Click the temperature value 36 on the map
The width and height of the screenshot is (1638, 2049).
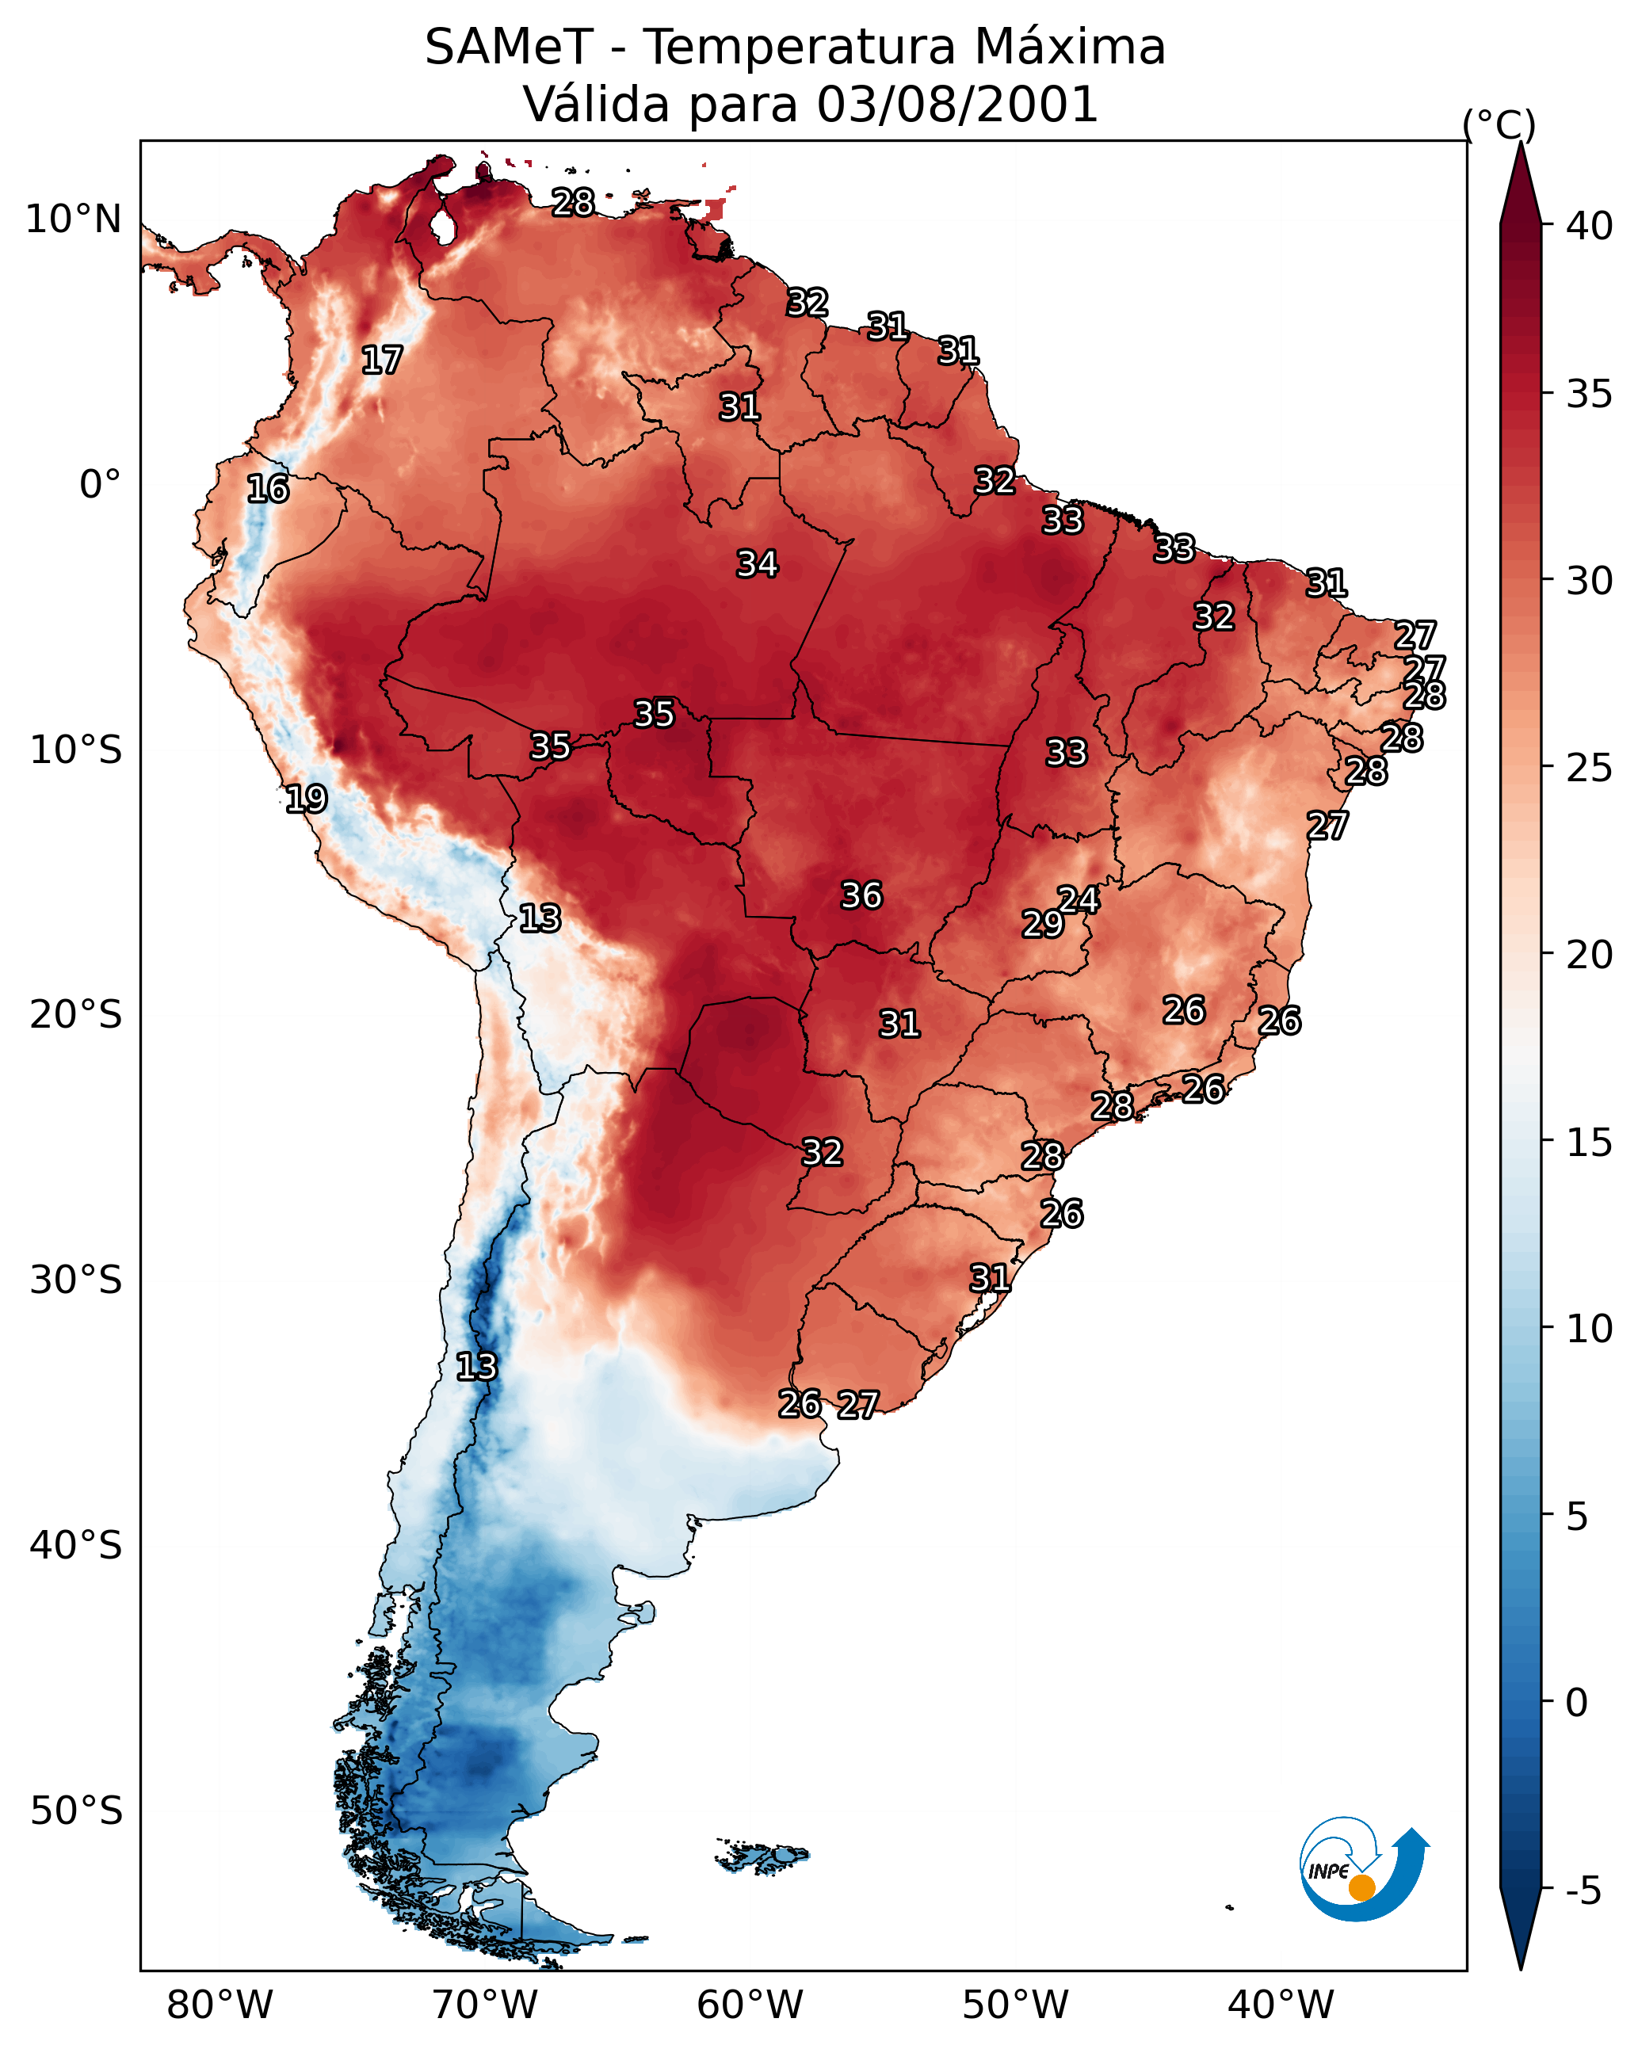point(861,895)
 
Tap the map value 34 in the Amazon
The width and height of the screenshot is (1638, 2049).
point(757,563)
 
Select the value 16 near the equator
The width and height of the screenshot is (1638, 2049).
point(267,489)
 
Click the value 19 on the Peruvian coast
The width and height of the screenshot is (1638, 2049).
point(306,799)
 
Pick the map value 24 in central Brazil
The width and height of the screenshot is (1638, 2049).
point(1078,899)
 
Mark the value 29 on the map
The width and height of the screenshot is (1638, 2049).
point(1042,924)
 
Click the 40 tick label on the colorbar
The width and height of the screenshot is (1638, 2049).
point(1589,226)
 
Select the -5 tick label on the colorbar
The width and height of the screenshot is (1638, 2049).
point(1583,1891)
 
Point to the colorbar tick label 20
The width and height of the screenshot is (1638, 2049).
point(1589,955)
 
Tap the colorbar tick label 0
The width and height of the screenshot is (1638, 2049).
point(1575,1703)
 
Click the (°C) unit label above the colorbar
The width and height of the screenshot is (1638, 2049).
point(1499,124)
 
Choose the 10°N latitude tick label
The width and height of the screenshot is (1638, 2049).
point(73,219)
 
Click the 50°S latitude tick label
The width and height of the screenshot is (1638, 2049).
point(76,1811)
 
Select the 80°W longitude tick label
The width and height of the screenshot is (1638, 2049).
point(220,2005)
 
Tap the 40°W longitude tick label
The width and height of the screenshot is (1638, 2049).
point(1281,2005)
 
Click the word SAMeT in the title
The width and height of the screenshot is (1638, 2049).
point(509,48)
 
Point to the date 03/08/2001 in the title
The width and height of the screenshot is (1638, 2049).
point(956,105)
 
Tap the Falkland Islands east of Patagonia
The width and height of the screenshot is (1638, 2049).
point(763,1855)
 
